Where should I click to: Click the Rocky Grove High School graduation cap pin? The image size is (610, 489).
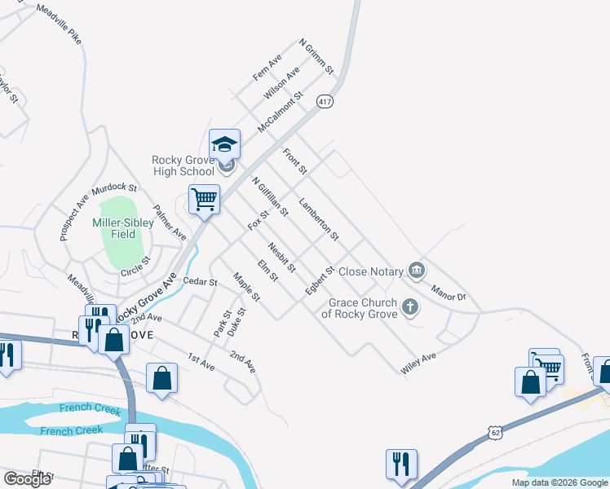click(224, 145)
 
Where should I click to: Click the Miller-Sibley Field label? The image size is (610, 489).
click(124, 227)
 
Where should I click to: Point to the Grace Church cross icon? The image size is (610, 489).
click(409, 307)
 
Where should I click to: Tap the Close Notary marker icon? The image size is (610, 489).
click(417, 270)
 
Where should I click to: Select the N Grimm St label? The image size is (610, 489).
click(317, 57)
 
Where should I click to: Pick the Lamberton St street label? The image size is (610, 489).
click(319, 219)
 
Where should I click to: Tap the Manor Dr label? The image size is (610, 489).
click(449, 292)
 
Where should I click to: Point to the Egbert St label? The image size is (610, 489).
click(320, 280)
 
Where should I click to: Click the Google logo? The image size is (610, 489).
click(27, 479)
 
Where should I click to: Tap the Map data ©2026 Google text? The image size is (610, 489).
click(559, 482)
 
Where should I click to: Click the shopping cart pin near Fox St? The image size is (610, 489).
click(204, 199)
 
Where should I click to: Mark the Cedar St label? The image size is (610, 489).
click(200, 282)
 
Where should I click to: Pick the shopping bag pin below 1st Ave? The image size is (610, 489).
click(162, 377)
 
